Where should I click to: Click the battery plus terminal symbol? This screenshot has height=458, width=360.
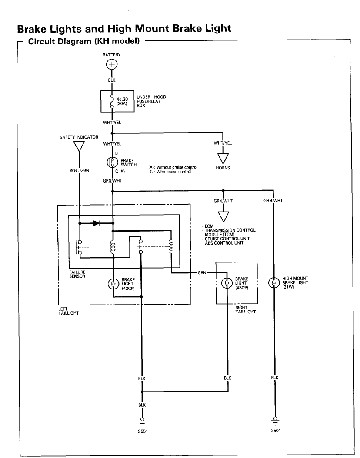(x=112, y=65)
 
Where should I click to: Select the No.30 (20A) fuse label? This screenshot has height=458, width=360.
(x=122, y=101)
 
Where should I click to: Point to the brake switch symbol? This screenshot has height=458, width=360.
(x=112, y=162)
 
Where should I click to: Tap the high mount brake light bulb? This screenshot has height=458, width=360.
(x=274, y=282)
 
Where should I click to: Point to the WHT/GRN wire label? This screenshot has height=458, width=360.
(x=79, y=170)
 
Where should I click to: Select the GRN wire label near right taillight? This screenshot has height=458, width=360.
(x=202, y=273)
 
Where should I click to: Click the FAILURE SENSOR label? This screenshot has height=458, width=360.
(x=77, y=274)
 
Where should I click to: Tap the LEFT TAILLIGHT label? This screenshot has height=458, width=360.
(x=68, y=311)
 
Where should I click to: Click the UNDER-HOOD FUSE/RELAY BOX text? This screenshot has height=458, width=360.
(x=151, y=100)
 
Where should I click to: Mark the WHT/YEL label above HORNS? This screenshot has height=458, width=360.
(x=223, y=143)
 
